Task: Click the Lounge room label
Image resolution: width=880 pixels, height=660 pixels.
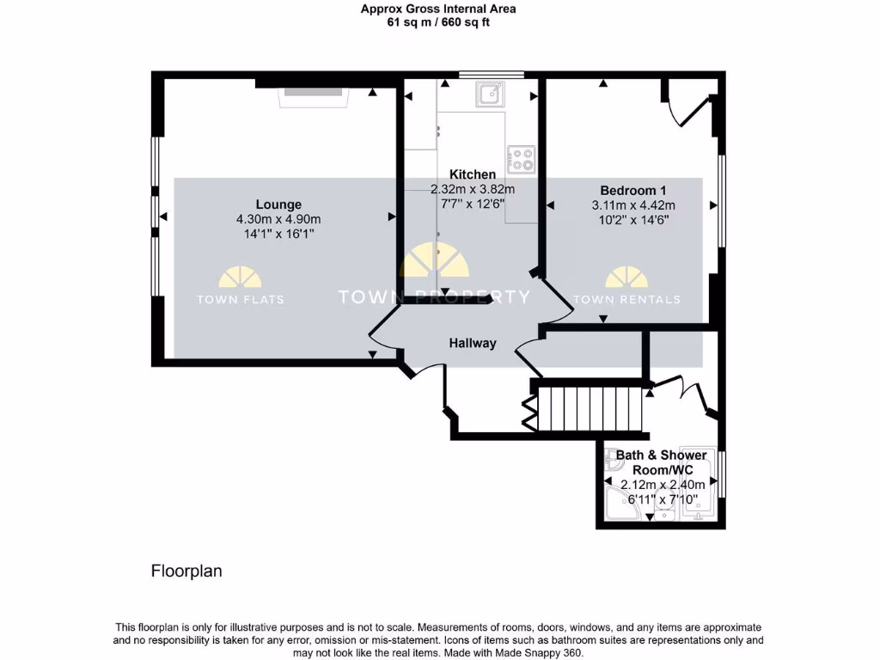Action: [x=278, y=205]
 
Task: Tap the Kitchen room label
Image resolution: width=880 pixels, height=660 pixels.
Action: [x=473, y=174]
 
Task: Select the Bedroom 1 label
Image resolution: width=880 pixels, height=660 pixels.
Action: [x=632, y=190]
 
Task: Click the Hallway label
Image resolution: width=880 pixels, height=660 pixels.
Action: [x=473, y=343]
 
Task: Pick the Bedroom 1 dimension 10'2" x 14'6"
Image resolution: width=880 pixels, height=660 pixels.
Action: [x=633, y=221]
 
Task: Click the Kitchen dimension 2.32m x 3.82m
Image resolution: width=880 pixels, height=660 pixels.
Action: [x=473, y=189]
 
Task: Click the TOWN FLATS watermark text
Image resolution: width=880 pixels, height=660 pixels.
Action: [x=241, y=300]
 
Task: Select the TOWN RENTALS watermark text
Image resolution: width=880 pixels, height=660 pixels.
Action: [x=626, y=300]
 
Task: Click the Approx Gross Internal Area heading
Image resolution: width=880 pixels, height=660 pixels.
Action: [x=439, y=9]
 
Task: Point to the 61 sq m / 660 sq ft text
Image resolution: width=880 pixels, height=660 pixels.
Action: [x=439, y=22]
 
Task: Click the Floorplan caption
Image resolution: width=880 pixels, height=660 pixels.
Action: [x=186, y=571]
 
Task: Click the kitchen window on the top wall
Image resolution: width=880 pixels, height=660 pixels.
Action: [x=492, y=76]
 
